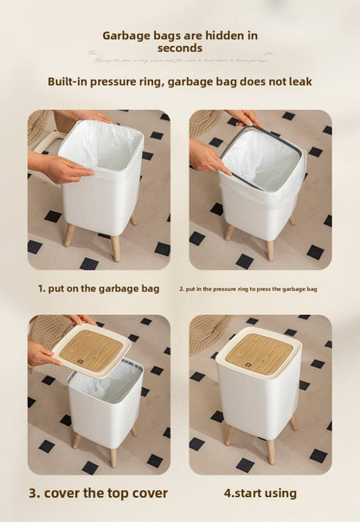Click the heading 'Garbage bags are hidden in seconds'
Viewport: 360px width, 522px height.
(180, 42)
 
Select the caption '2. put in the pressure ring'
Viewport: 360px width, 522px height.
(248, 289)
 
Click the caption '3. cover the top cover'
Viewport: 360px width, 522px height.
(99, 493)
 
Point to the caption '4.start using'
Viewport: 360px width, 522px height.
(260, 493)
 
